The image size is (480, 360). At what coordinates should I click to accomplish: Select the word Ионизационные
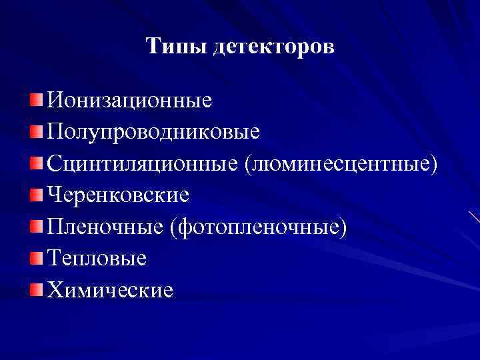(129, 101)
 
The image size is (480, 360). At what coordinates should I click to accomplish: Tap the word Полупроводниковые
(153, 131)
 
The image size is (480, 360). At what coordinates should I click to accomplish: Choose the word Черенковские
(119, 195)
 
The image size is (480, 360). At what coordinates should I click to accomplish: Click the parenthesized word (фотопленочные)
(259, 227)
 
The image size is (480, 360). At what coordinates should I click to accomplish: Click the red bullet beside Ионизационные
(36, 100)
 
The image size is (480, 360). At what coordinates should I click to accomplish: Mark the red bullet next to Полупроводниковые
(36, 131)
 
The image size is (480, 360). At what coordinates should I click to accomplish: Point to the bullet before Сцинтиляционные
(36, 163)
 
